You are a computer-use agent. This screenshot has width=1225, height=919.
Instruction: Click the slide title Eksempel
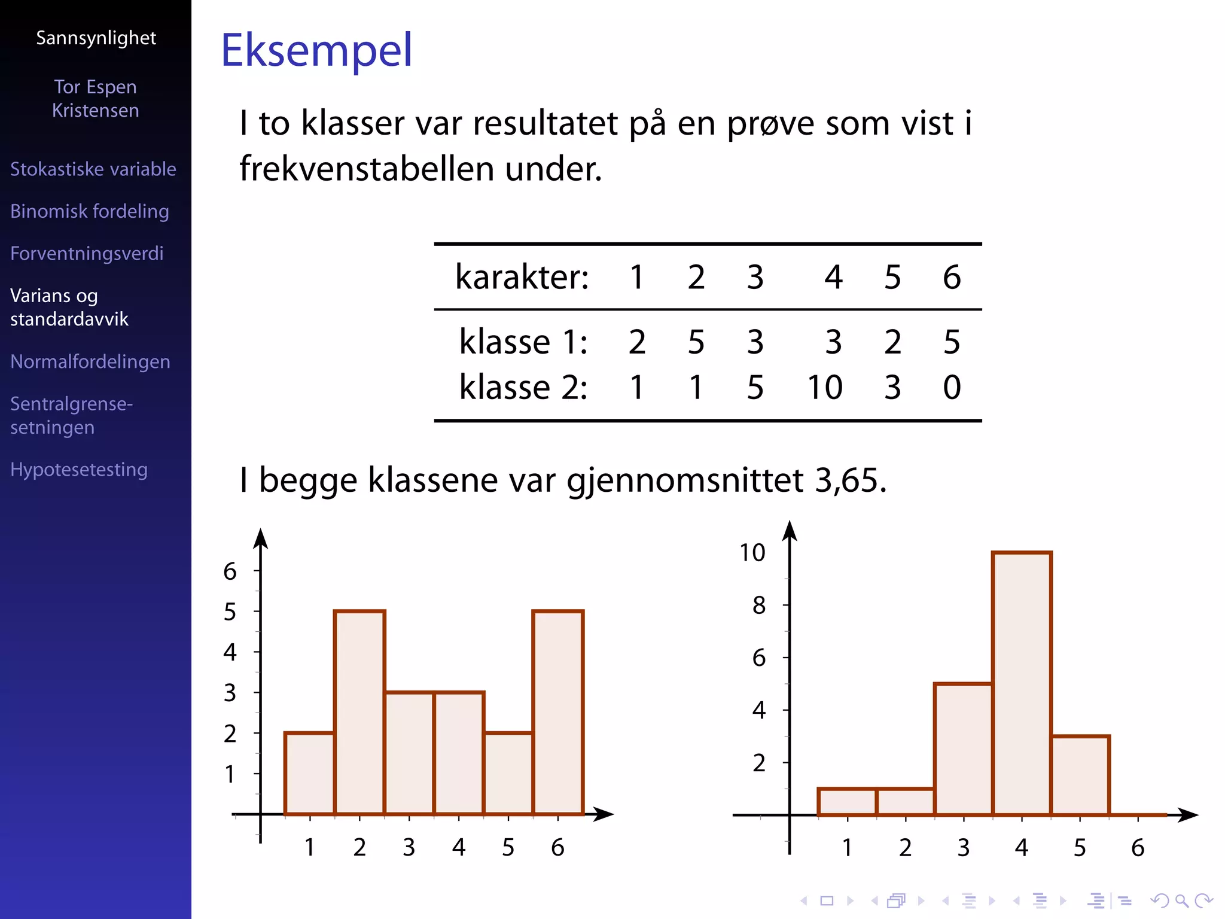coord(316,50)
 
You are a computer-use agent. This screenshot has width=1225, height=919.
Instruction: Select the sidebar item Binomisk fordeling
coord(90,211)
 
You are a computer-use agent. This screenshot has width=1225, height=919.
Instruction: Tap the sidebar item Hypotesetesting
coord(79,470)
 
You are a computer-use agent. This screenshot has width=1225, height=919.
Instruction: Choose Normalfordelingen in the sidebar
coord(90,361)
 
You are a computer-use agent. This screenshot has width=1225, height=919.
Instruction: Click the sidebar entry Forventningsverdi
coord(87,253)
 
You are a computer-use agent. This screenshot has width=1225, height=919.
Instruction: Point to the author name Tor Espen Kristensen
coord(96,99)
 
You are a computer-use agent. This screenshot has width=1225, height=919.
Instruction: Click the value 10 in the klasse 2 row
coord(825,387)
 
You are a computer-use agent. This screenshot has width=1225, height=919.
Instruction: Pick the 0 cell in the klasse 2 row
coord(952,387)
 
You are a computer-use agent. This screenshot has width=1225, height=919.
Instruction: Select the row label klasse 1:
coord(523,342)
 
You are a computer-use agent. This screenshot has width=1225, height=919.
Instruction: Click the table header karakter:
coord(522,277)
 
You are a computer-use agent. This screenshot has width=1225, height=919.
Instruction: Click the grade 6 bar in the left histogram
coord(557,712)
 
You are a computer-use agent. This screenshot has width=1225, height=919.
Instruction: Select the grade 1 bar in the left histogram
coord(309,773)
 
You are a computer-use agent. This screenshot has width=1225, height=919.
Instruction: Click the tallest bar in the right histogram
coord(1022,682)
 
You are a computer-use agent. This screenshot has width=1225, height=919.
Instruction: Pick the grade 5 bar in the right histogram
coord(1080,775)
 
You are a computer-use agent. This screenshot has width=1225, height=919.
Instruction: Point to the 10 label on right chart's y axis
coord(752,553)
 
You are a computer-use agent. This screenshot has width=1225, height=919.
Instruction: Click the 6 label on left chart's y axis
coord(230,571)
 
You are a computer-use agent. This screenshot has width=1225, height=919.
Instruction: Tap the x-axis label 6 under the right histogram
coord(1138,848)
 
